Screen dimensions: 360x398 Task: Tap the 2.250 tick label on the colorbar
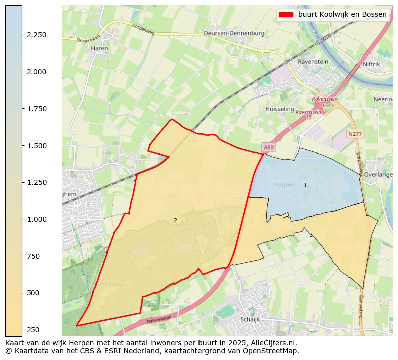click(37, 35)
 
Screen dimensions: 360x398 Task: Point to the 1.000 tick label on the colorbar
click(37, 219)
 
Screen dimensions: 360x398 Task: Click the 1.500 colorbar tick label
click(37, 146)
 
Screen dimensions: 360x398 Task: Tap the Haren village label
click(97, 48)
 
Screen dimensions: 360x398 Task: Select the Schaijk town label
click(251, 319)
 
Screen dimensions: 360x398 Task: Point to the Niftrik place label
click(371, 64)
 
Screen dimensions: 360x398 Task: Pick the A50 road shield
click(269, 147)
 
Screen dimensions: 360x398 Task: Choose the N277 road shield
click(355, 134)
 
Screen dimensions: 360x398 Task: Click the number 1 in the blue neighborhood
click(305, 186)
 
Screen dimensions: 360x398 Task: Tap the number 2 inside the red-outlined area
click(175, 220)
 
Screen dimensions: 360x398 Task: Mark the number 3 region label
click(311, 235)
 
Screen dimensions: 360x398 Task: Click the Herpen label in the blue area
click(284, 185)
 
